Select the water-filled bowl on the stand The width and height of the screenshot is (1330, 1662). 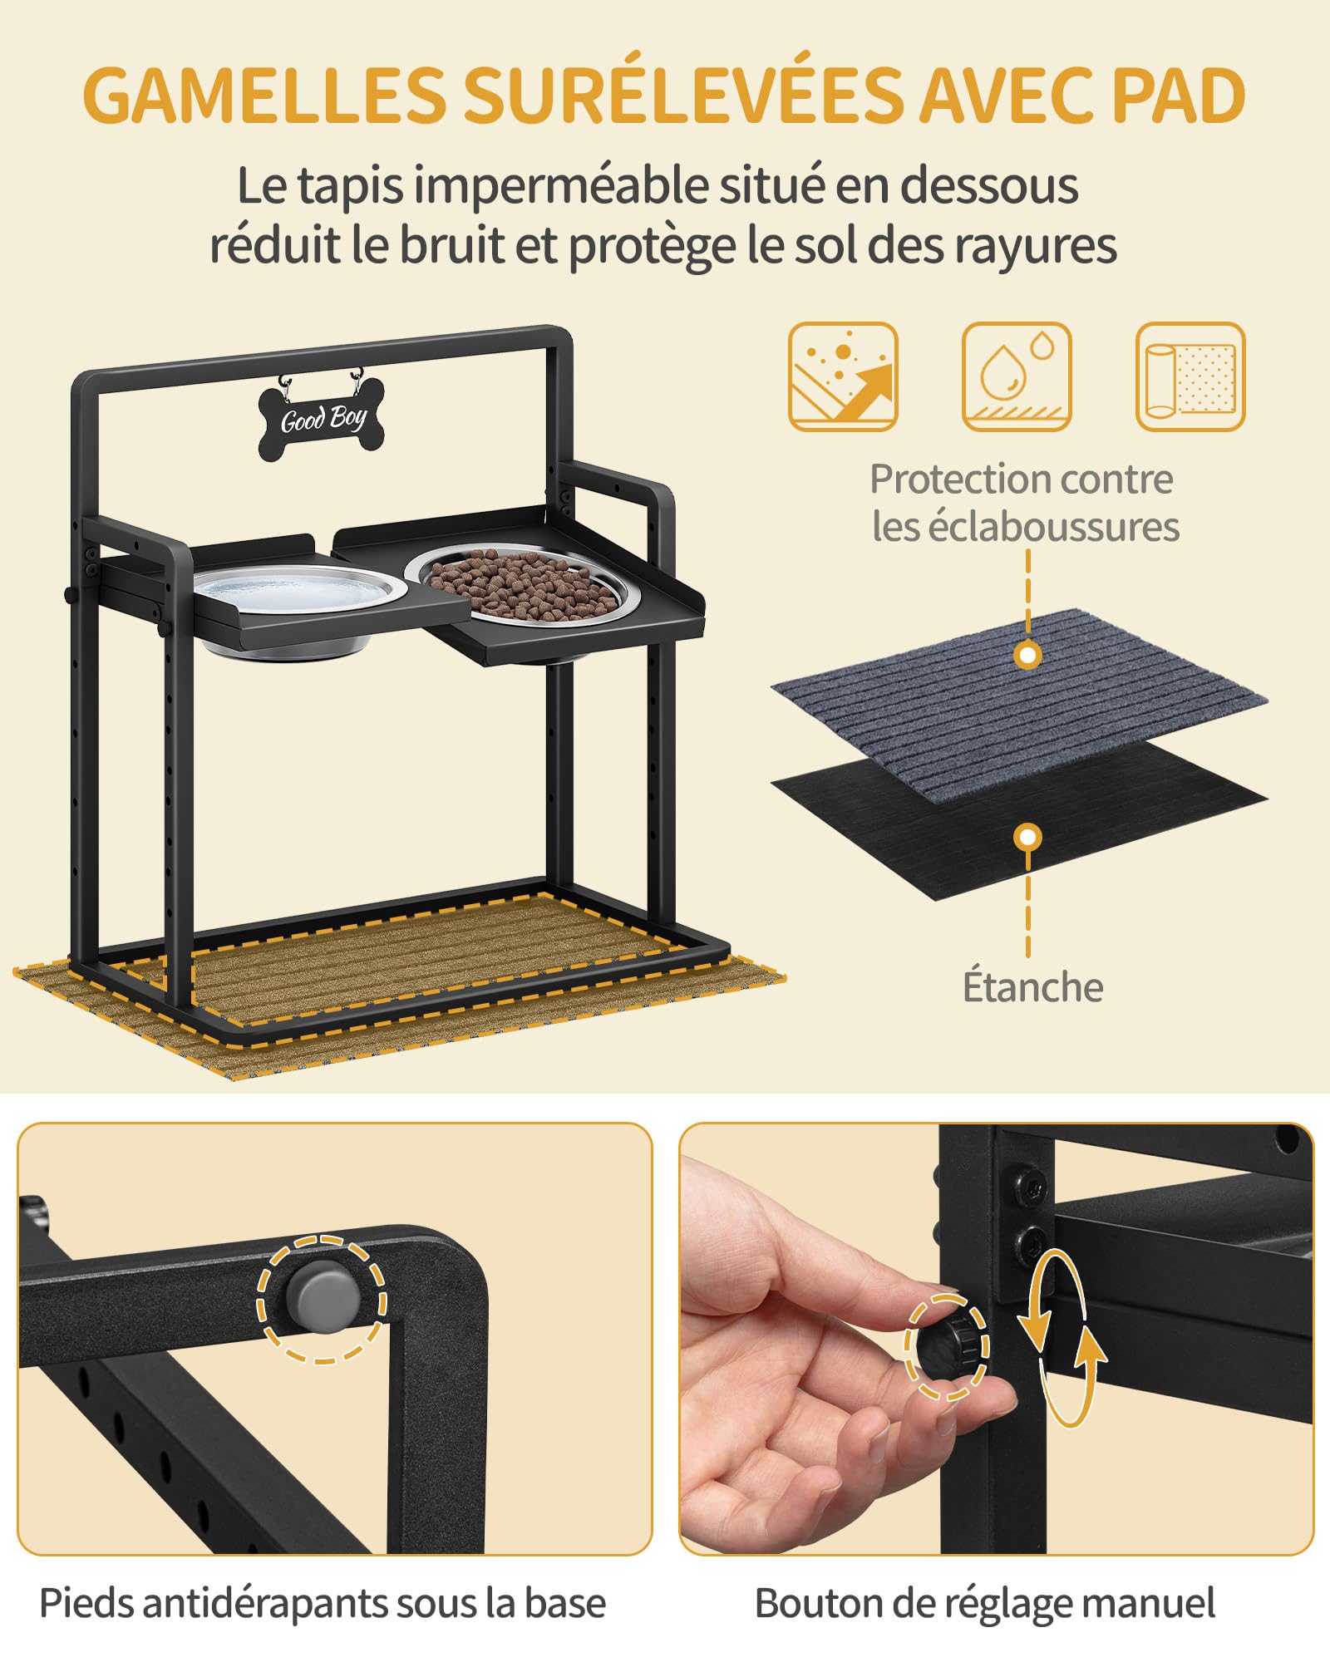point(300,606)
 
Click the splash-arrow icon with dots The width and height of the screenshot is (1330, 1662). point(843,376)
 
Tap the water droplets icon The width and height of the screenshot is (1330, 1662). point(1017,376)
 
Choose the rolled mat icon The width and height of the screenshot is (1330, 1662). point(1190,376)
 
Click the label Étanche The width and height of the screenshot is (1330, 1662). point(1032,986)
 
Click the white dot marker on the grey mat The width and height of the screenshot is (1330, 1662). point(1028,656)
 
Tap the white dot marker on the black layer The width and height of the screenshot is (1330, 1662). point(1028,837)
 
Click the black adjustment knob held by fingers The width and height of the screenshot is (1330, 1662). point(948,1347)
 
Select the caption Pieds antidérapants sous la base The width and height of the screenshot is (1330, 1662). point(323,1604)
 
